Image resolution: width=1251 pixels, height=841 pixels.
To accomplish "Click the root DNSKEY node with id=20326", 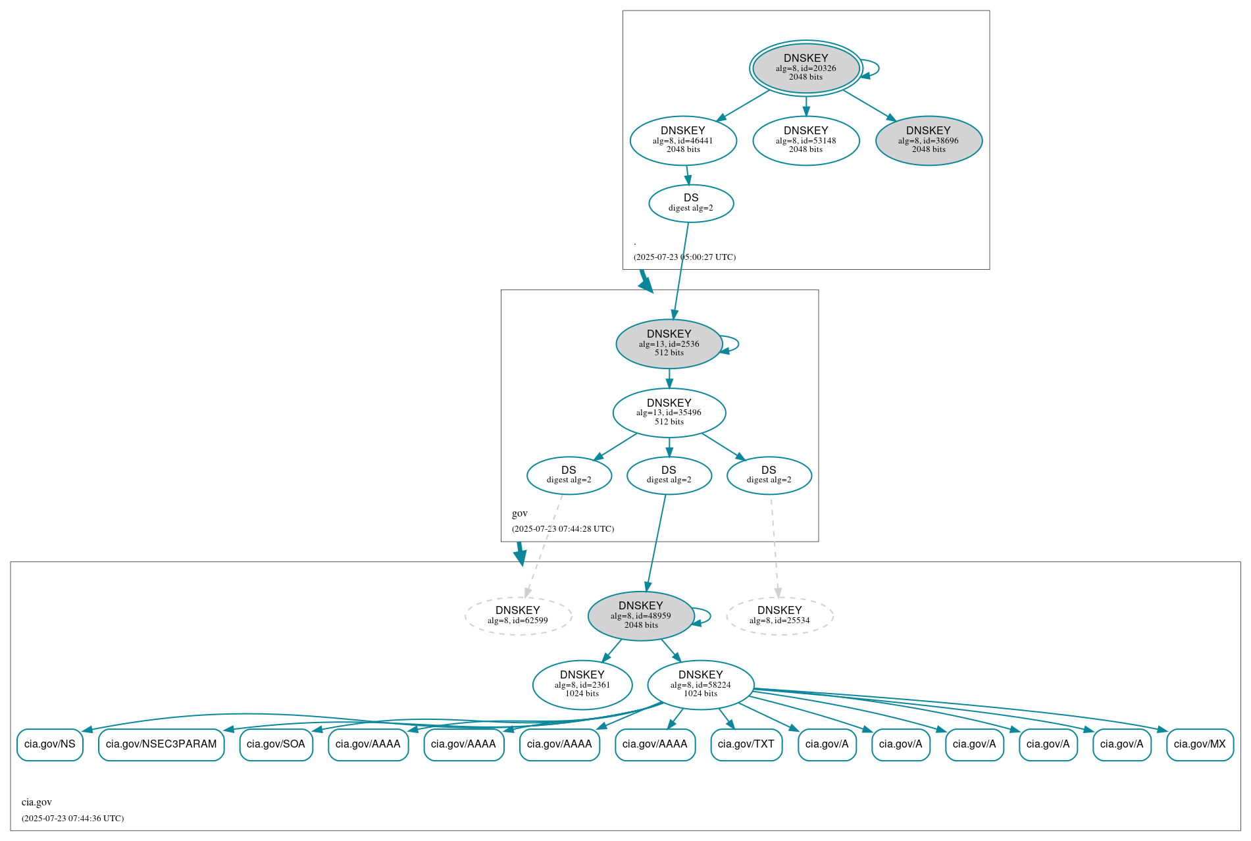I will click(805, 68).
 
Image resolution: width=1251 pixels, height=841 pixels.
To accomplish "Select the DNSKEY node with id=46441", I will click(683, 140).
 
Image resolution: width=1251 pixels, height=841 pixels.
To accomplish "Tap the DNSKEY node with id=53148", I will click(805, 140).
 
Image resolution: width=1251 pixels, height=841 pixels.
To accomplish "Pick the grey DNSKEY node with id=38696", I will click(929, 140).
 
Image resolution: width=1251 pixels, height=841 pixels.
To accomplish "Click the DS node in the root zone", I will click(691, 203).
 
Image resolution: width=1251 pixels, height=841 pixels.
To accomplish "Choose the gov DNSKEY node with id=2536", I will click(669, 344).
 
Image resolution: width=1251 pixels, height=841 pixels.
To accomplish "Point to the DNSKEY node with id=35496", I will click(669, 413).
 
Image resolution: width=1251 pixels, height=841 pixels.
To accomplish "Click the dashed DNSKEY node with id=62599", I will click(518, 616).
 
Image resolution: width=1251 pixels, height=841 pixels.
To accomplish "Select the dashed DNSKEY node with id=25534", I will click(779, 616).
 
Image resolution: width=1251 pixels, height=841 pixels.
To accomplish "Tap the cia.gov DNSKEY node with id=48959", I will click(640, 616).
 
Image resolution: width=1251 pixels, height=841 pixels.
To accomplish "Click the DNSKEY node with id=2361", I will click(582, 685).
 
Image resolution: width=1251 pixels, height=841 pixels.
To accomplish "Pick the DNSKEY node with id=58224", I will click(700, 685).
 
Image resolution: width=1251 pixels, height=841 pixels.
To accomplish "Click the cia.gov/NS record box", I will click(50, 744).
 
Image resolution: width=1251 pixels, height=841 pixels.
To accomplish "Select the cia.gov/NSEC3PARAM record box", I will click(161, 744).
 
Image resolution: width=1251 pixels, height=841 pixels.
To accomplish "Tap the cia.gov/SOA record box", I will click(276, 744).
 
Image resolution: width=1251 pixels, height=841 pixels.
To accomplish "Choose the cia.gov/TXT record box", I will click(746, 744).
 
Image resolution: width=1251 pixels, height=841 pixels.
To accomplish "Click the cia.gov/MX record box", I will click(1199, 744).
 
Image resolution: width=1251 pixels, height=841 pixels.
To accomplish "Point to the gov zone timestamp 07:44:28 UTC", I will click(563, 529).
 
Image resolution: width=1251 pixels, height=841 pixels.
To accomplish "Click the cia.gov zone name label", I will click(37, 802).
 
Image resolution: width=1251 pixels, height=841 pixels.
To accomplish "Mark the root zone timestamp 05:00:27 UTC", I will click(684, 257).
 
